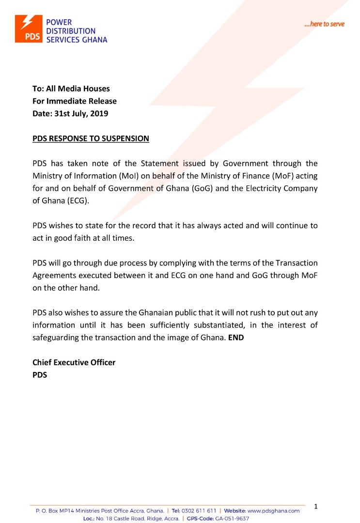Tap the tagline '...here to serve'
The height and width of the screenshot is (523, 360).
[324, 24]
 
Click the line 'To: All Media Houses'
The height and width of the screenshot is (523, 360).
[71, 89]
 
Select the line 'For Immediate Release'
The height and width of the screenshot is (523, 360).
[75, 101]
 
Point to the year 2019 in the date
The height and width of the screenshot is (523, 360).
[98, 114]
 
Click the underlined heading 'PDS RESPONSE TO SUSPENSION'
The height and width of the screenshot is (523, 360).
[91, 138]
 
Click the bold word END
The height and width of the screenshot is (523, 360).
[236, 338]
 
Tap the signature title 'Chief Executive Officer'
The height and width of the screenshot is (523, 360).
[74, 362]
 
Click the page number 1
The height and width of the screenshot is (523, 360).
[316, 507]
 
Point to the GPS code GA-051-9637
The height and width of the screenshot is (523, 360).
[232, 519]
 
